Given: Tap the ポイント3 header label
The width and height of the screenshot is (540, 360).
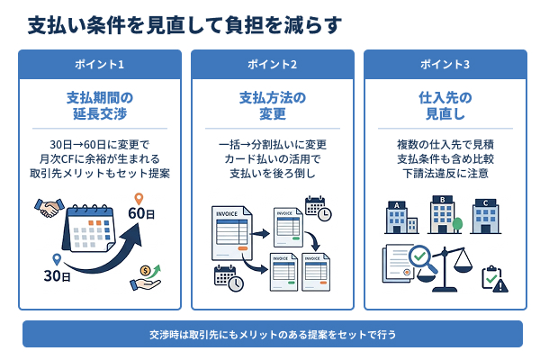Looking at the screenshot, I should pos(445,65).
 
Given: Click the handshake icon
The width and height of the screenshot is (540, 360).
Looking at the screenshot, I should pos(49,209).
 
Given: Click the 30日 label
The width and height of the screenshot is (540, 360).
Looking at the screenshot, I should pos(57,275).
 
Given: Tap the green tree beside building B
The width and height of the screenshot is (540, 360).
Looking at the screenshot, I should pos(459,223).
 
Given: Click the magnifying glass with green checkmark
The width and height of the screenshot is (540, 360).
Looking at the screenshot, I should pos(423,263).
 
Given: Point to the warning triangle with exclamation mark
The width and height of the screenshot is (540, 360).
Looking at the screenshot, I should pos(500,285).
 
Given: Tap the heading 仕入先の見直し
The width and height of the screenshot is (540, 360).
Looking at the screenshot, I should pos(445,107).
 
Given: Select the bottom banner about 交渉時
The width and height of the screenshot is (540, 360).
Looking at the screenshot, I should pos(272,334).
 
